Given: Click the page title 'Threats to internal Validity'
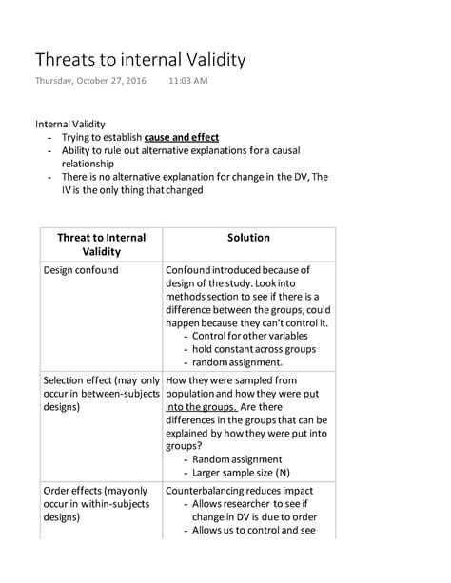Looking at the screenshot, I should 141,59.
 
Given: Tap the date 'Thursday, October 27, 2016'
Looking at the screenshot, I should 91,81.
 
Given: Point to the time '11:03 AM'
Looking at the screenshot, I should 187,81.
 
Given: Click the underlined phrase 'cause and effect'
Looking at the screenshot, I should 182,137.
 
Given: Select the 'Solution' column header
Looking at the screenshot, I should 249,237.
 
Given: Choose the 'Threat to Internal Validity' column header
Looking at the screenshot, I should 102,243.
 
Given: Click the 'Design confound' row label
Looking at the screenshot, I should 81,270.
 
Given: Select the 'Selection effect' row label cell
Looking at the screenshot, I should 101,393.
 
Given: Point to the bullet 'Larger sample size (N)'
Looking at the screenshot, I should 241,472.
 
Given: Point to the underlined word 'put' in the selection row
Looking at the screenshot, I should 311,392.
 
